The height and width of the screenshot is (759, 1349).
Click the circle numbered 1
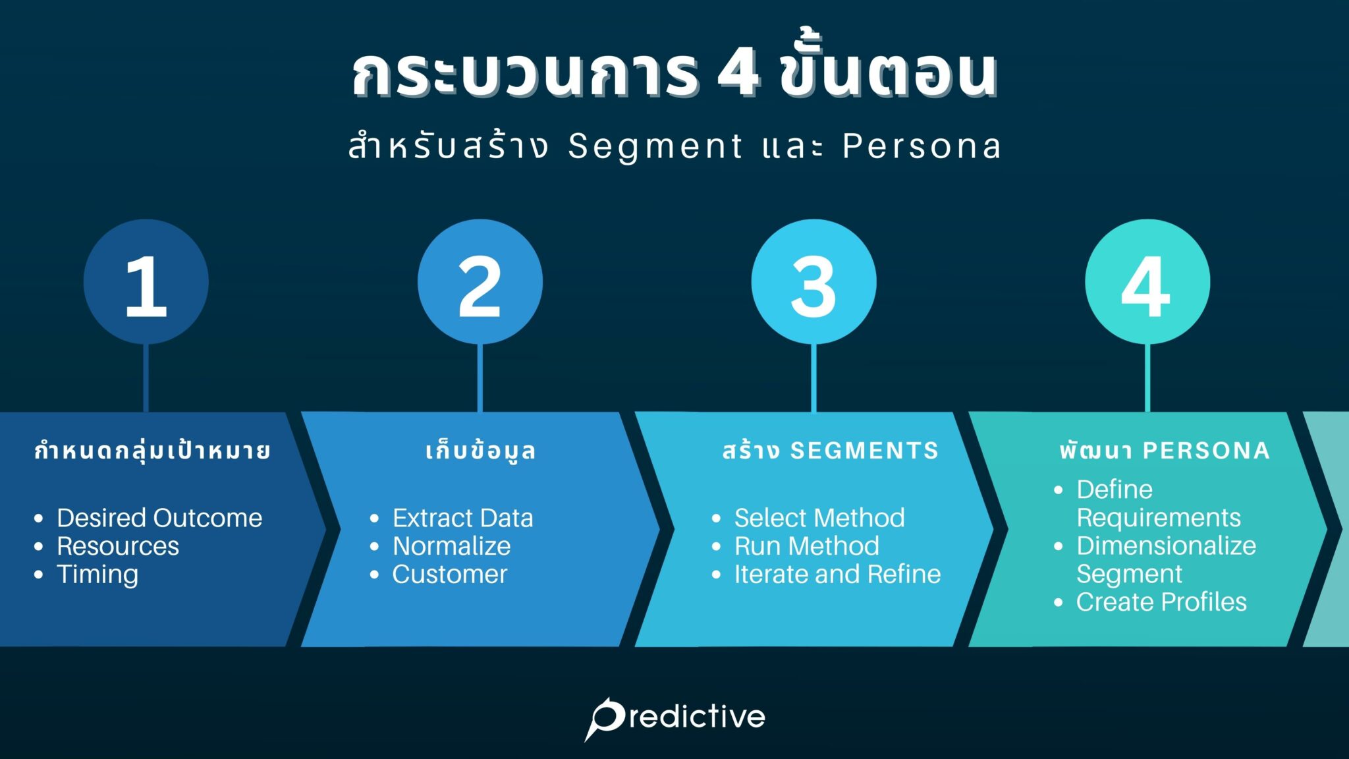pos(146,282)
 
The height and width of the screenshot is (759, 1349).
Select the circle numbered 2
pos(480,282)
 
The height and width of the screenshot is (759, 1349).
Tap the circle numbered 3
pos(813,282)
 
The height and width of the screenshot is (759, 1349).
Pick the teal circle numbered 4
pos(1147,282)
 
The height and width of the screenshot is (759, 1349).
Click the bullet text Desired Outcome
pos(159,518)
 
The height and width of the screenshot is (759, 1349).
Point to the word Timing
pos(97,575)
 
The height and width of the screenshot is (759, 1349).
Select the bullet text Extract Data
pos(462,518)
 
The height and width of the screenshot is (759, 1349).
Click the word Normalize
pos(451,546)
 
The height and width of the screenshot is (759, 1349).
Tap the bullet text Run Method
pos(806,546)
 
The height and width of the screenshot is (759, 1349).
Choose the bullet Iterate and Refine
pos(837,575)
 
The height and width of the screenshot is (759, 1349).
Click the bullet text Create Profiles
pos(1161,602)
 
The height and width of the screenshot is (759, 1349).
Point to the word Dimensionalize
pos(1166,546)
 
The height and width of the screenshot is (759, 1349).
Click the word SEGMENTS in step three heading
pos(864,451)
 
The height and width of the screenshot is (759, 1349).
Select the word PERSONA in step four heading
pos(1206,451)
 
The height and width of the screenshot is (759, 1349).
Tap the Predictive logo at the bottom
pos(675,717)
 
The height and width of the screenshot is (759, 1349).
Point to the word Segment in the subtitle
pos(655,146)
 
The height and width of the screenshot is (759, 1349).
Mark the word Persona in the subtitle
pos(922,146)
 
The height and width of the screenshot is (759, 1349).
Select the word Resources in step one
pos(118,546)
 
